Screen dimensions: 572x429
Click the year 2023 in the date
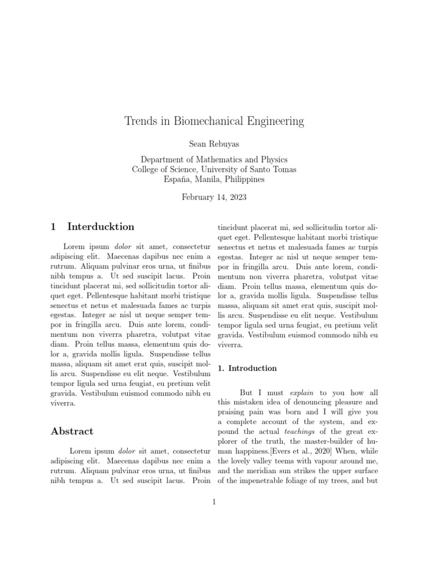pos(236,197)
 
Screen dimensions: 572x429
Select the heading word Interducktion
pos(101,227)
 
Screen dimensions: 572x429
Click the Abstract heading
pos(72,431)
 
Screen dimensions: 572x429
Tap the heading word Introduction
pos(252,368)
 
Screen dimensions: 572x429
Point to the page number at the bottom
pos(214,502)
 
